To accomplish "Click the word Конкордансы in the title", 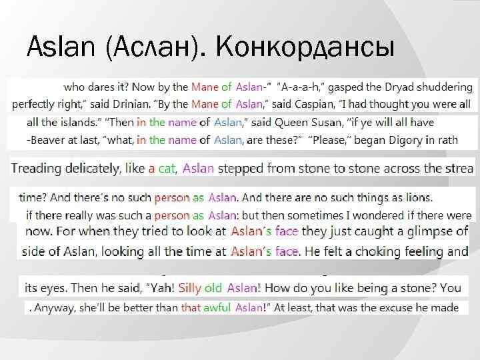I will pos(305,48).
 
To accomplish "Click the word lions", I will pos(417,197).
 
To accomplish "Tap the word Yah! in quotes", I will pos(161,289).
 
